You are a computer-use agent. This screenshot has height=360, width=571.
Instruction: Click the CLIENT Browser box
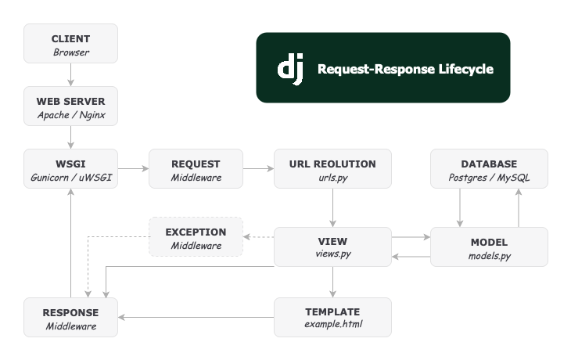[x=70, y=44]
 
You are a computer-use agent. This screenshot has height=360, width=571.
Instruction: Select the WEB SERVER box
[x=70, y=107]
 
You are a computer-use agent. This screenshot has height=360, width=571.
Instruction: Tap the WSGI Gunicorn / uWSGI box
[x=70, y=169]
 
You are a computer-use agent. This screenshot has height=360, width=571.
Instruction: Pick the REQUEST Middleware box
[x=196, y=169]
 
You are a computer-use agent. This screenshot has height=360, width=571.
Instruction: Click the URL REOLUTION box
[x=332, y=169]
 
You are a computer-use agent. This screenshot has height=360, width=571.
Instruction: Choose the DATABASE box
[x=489, y=169]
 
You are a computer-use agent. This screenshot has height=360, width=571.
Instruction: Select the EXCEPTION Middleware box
[x=196, y=237]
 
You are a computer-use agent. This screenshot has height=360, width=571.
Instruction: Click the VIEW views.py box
[x=332, y=247]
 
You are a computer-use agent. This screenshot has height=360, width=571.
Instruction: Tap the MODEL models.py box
[x=489, y=247]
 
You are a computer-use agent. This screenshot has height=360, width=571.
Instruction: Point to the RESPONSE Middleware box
[x=70, y=317]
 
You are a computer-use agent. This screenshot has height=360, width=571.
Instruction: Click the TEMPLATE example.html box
[x=332, y=317]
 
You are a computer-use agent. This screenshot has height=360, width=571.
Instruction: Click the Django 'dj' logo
[x=289, y=69]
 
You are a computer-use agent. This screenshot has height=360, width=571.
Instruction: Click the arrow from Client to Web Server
[x=70, y=75]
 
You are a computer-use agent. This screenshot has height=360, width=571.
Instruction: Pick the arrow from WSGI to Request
[x=133, y=168]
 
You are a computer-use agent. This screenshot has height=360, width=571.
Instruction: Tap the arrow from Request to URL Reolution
[x=258, y=168]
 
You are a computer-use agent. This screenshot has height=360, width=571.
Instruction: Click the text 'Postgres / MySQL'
[x=489, y=178]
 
